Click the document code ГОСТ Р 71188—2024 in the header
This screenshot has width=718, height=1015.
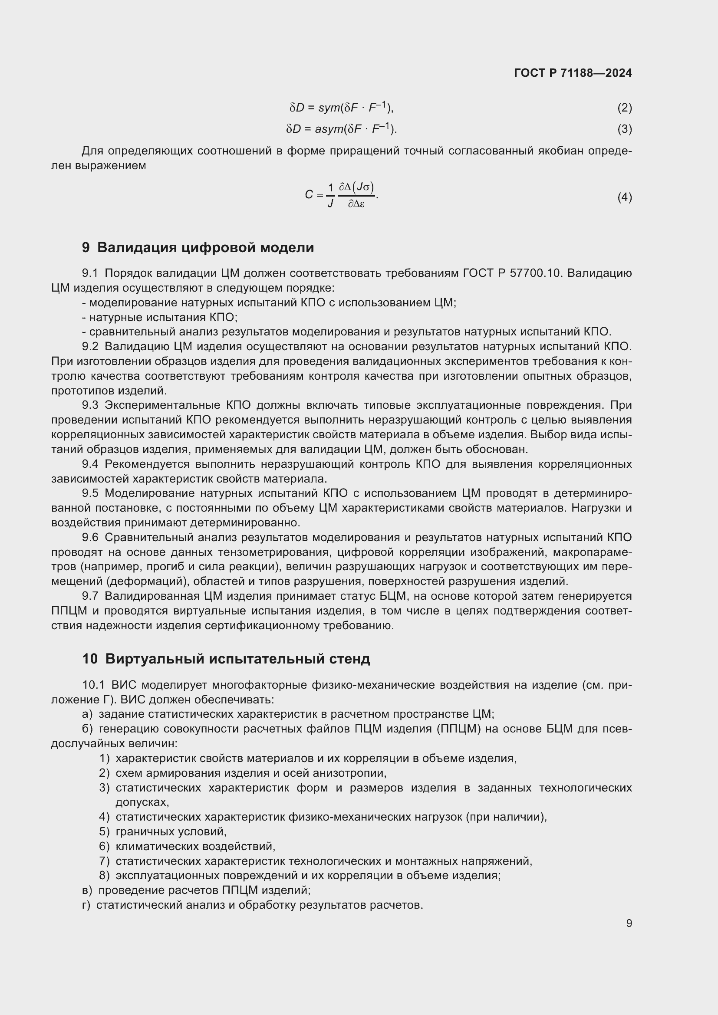(573, 73)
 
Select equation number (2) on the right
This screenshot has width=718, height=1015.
(624, 108)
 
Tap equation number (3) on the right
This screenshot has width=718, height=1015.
(624, 129)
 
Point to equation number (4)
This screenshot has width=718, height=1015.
(624, 197)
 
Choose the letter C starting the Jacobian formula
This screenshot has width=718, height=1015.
(309, 194)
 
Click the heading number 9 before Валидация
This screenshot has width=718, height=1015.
(86, 247)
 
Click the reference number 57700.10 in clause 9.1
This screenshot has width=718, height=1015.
(535, 273)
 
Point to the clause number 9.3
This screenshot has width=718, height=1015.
(90, 405)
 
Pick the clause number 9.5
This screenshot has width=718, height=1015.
(90, 493)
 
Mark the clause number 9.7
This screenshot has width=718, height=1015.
(90, 596)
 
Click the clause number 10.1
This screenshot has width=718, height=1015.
(93, 685)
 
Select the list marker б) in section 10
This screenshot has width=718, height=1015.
(87, 729)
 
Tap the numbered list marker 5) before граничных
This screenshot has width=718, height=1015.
(104, 831)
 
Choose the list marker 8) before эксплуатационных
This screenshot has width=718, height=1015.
(104, 875)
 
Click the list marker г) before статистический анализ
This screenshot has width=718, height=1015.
(86, 905)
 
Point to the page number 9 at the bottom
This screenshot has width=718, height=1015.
(629, 923)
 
